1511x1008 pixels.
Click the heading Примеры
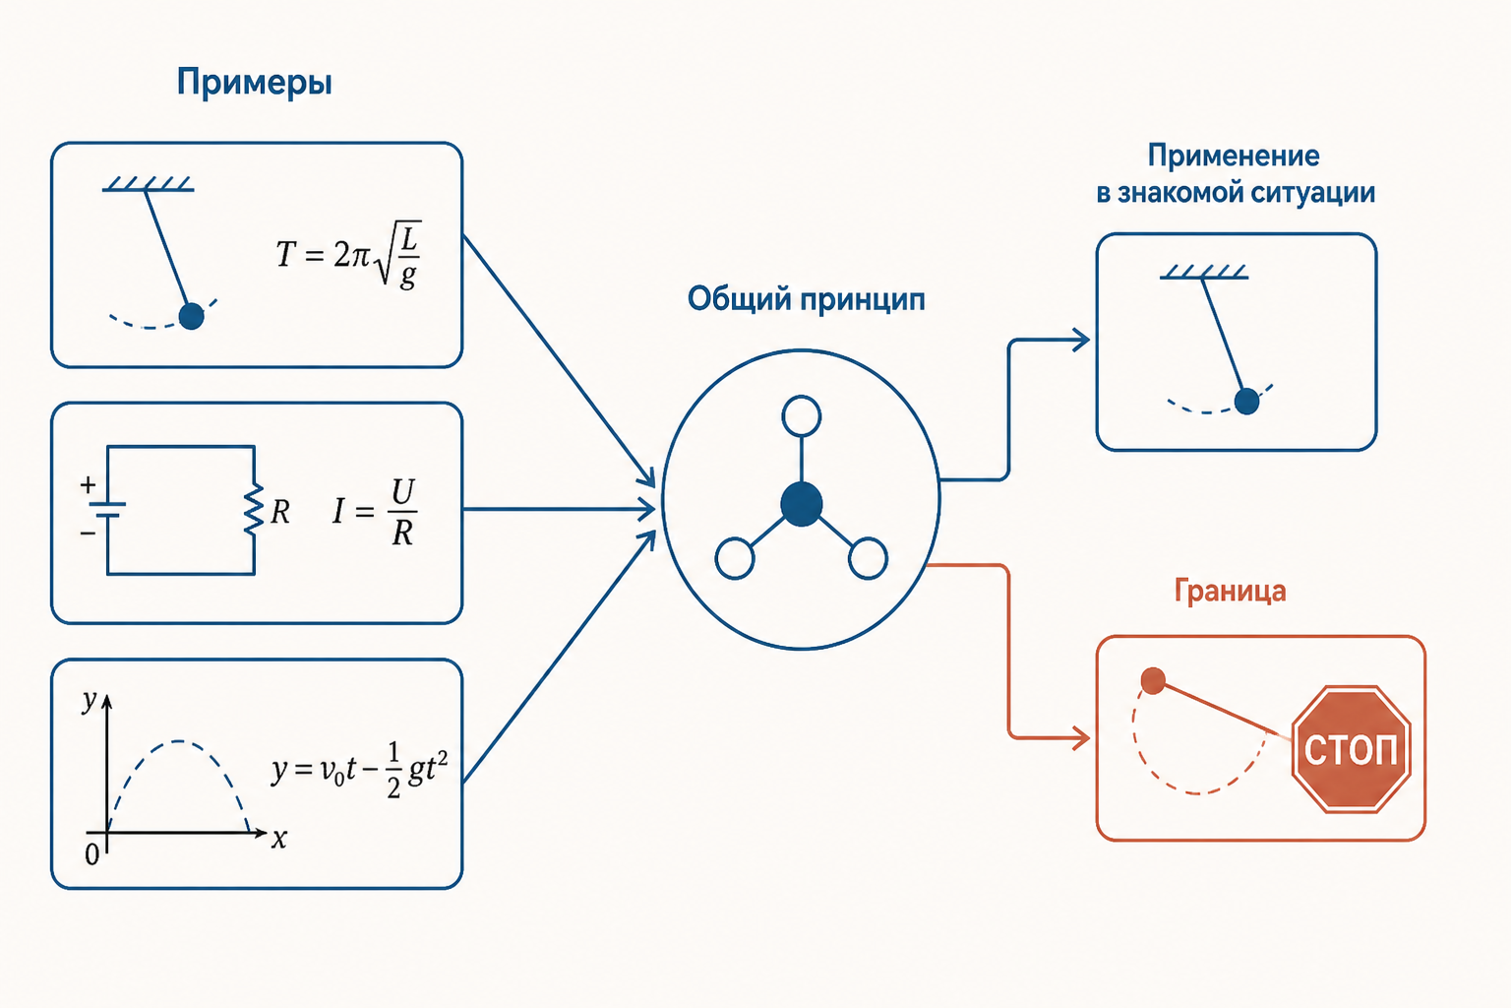click(255, 83)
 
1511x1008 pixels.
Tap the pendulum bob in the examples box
click(192, 316)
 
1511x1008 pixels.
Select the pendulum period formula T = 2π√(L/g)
click(349, 255)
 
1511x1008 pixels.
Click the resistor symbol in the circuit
click(254, 510)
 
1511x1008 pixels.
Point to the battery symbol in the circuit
click(107, 510)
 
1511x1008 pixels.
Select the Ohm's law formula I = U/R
click(375, 511)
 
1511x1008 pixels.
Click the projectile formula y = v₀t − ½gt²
click(359, 770)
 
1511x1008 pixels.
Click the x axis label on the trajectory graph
click(279, 839)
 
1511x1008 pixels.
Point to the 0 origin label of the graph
click(92, 854)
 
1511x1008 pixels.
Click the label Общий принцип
click(806, 299)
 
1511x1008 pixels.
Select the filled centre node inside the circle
click(802, 504)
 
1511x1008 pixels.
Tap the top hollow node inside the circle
click(802, 415)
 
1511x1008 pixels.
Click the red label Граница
click(1231, 591)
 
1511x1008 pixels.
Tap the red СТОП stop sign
click(1351, 749)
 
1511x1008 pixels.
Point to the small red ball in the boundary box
click(1153, 680)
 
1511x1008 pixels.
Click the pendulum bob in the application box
click(1246, 401)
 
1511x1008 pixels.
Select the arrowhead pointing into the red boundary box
click(1081, 737)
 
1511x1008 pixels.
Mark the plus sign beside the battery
click(88, 484)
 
